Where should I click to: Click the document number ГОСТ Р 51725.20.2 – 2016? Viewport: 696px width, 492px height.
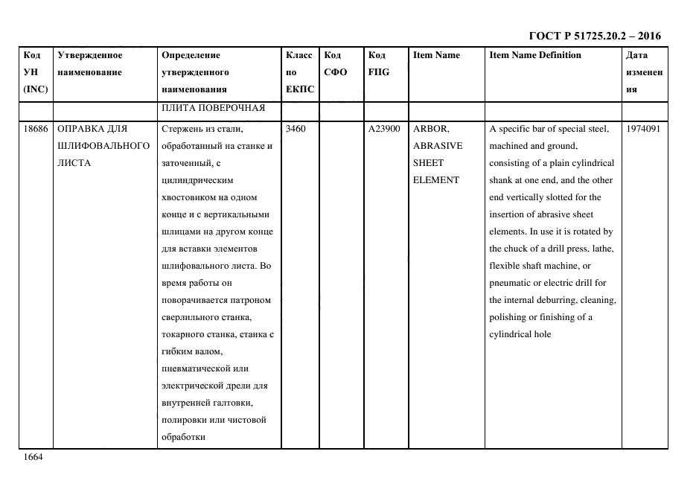point(594,36)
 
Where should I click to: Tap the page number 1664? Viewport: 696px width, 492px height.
point(33,457)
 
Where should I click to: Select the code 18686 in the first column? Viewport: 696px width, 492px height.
point(36,129)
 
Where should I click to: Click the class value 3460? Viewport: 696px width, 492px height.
point(296,129)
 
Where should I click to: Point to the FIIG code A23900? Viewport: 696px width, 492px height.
point(384,129)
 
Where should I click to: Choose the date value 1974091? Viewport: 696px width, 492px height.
point(642,129)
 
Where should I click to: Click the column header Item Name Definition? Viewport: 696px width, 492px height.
point(535,55)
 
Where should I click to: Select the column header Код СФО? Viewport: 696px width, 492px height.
point(336,63)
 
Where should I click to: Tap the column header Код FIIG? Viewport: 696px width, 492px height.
point(378,63)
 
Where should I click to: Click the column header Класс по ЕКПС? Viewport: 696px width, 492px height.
point(300,72)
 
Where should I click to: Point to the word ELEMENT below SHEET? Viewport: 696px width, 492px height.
point(435,180)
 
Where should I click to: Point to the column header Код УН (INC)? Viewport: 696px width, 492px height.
point(36,72)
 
